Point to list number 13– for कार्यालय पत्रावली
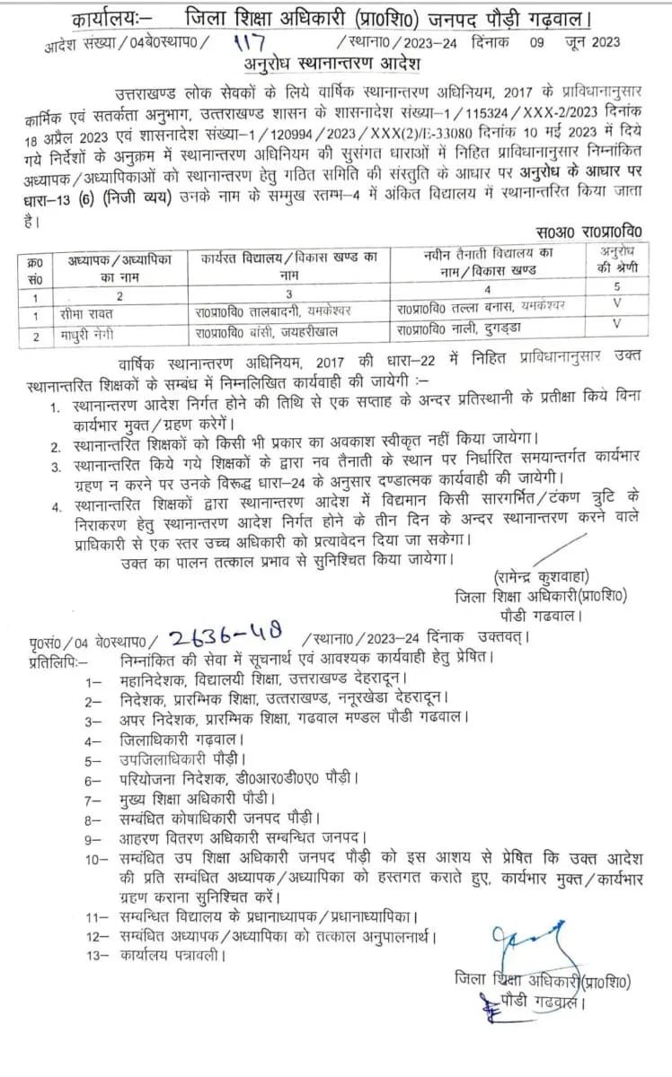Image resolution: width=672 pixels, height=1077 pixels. (95, 956)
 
